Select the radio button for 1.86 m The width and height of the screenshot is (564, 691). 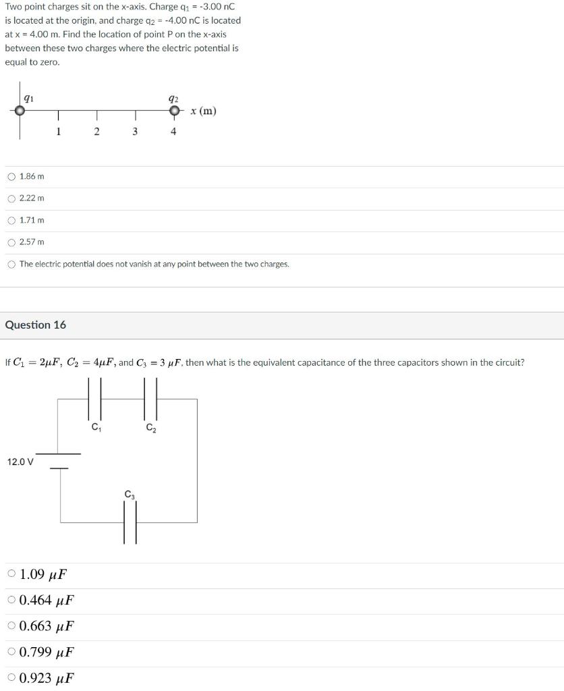(x=11, y=177)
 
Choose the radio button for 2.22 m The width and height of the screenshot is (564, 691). (x=11, y=198)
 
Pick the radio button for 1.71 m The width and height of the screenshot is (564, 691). (x=11, y=220)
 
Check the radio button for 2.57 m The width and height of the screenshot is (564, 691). (x=11, y=242)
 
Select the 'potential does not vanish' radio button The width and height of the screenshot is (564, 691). (x=11, y=264)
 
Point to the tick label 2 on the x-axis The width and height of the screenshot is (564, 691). (x=96, y=132)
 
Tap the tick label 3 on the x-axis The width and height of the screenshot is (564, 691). (x=135, y=132)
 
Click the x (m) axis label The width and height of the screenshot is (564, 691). (x=203, y=111)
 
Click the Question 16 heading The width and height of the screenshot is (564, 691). (x=36, y=325)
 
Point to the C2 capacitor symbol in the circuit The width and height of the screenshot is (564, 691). (x=150, y=399)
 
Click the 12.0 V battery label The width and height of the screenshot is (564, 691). (x=20, y=462)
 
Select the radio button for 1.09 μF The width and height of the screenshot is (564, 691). (x=11, y=574)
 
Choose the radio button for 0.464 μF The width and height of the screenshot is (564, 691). (x=11, y=600)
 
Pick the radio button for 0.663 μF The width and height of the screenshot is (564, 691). (x=11, y=626)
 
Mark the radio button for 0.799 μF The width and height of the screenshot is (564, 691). (x=11, y=652)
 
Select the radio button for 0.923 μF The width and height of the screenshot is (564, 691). (x=11, y=678)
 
